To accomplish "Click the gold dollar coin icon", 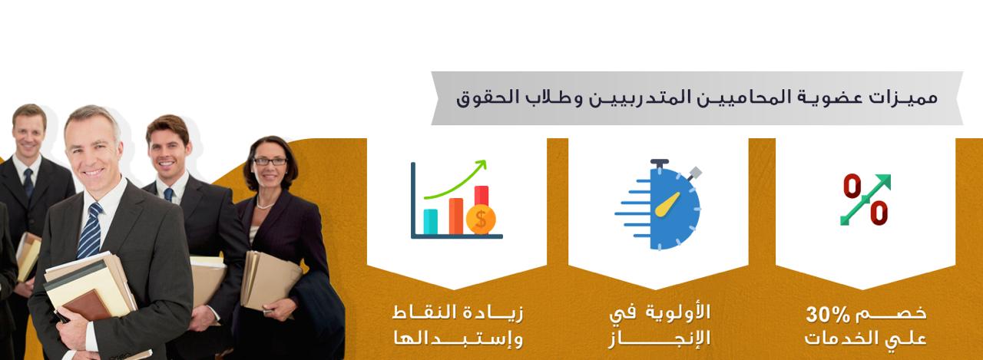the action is coord(481,220).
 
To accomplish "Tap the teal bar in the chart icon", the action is coord(430,221).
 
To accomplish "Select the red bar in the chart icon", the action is coord(482,196).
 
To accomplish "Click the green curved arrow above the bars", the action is coord(456,180).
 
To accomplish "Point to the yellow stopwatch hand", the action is coord(667,204).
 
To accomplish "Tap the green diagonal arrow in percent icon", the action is coord(866,200).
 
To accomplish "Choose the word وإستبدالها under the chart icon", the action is coord(458,339).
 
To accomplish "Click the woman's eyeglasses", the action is coord(270,161).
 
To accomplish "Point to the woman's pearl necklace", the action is coord(265,204).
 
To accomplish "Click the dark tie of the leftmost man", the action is coord(28,181).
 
